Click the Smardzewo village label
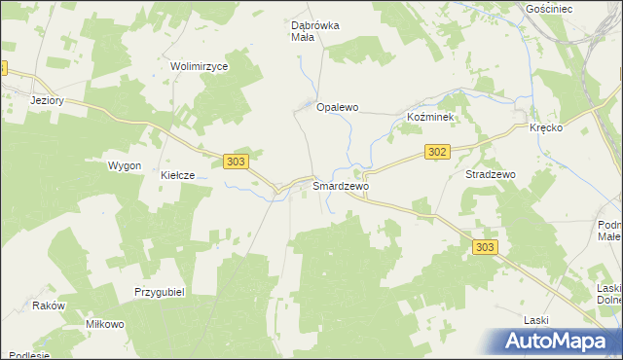tap(341, 184)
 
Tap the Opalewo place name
tap(338, 107)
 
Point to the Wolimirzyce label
tap(199, 66)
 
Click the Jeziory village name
tap(47, 100)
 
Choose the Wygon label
tap(125, 166)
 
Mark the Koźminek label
tap(429, 116)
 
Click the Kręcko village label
tap(548, 128)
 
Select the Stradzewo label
tap(491, 174)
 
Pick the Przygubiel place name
tap(160, 291)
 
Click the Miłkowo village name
tap(105, 324)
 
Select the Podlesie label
tap(25, 354)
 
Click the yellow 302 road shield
tap(437, 151)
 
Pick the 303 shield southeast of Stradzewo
tap(486, 247)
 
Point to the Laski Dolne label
tap(609, 293)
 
